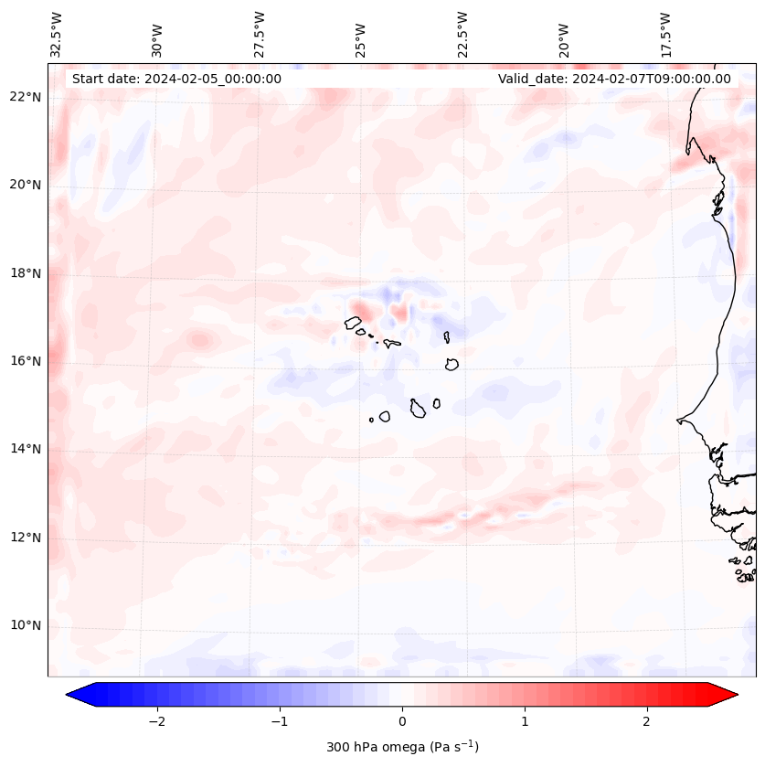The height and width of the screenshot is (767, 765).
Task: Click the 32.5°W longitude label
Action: pyautogui.click(x=57, y=35)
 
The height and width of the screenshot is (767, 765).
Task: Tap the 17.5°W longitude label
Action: pyautogui.click(x=666, y=35)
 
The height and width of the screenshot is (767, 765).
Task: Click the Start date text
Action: pyautogui.click(x=176, y=79)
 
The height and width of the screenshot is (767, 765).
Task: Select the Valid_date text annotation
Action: pyautogui.click(x=614, y=79)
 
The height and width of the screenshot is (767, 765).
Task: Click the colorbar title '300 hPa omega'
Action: pyautogui.click(x=402, y=747)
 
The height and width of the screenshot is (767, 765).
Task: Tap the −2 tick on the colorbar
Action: pyautogui.click(x=156, y=721)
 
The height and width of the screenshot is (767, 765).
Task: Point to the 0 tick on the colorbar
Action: pyautogui.click(x=402, y=721)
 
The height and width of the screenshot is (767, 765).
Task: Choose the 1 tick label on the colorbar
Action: pyautogui.click(x=525, y=721)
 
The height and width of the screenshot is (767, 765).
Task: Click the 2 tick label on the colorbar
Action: pyautogui.click(x=647, y=721)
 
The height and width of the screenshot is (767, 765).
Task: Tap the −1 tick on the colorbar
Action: pyautogui.click(x=279, y=721)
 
